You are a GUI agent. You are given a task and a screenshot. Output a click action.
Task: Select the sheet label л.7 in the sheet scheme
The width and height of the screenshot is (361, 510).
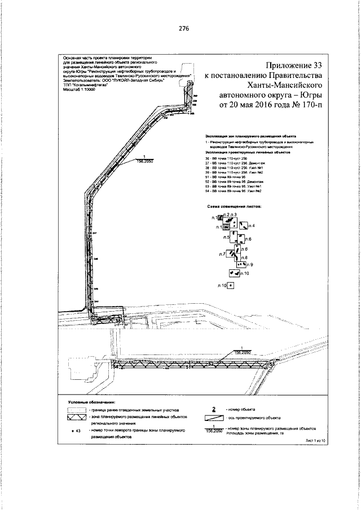coord(222,255)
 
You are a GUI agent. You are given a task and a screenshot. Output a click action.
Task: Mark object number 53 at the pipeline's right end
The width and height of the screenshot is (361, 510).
coord(271,365)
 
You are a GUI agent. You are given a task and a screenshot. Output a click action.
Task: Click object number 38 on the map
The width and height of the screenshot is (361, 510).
coord(118,322)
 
